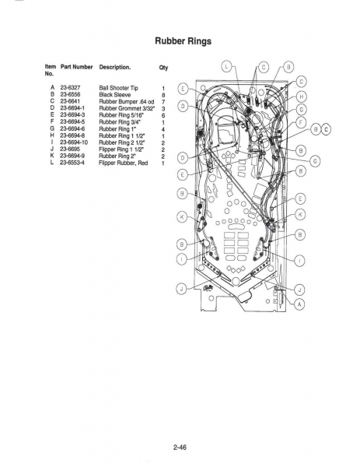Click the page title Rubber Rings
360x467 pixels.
(183, 40)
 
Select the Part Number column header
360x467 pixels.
(76, 67)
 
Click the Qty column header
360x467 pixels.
(163, 68)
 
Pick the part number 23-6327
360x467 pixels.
(70, 87)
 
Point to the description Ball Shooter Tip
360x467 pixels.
(118, 88)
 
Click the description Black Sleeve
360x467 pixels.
(114, 95)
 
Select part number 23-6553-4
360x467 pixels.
(72, 163)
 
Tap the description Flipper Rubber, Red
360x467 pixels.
(123, 163)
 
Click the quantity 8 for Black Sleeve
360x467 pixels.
(163, 95)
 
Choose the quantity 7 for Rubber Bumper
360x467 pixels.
(163, 102)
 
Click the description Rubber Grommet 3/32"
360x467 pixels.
(127, 108)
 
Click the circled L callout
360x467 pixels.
(226, 66)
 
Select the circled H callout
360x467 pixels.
(302, 97)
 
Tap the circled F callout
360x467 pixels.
(301, 122)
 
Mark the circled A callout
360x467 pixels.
(299, 304)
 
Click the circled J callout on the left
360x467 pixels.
(182, 289)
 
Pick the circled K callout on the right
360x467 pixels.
(300, 214)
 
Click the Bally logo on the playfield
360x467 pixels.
(208, 288)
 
